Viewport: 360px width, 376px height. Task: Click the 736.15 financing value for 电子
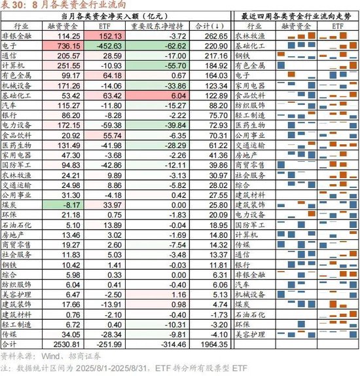[69, 46]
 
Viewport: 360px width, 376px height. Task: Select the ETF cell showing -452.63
[109, 46]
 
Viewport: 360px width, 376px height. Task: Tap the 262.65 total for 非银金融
[216, 36]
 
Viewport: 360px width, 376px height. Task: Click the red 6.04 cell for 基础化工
[179, 96]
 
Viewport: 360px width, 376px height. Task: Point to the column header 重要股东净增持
[157, 26]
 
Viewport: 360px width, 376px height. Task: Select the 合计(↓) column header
[209, 26]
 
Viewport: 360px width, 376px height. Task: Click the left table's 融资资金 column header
[63, 26]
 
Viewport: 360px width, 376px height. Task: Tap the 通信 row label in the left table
[9, 56]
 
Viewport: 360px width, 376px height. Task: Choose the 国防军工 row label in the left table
[16, 165]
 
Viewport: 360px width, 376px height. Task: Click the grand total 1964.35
[214, 345]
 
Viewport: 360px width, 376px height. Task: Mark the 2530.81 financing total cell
[67, 345]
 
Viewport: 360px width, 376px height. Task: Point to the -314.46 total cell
[173, 345]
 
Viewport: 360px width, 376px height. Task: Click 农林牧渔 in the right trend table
[250, 36]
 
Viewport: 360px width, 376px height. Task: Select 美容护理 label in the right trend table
[250, 334]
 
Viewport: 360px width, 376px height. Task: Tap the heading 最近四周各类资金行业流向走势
[296, 16]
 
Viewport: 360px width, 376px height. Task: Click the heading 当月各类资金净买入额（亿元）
[115, 16]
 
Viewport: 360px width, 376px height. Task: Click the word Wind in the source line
[50, 356]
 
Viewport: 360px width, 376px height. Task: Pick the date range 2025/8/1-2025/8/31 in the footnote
[111, 368]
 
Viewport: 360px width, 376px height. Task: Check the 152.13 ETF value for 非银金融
[111, 36]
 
